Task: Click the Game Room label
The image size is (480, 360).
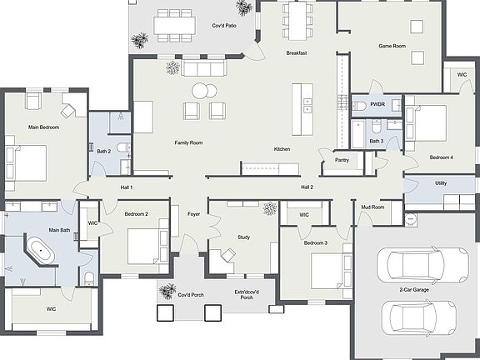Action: [392, 46]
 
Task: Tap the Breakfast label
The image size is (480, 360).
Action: [297, 53]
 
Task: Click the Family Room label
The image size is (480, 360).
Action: [188, 142]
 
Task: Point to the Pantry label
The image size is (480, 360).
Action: [342, 159]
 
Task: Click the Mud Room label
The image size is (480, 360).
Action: [372, 207]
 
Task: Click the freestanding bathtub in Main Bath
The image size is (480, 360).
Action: [40, 251]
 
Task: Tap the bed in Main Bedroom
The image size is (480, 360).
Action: [27, 162]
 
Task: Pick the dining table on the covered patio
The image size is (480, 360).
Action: [176, 25]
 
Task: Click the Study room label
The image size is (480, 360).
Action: [243, 237]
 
